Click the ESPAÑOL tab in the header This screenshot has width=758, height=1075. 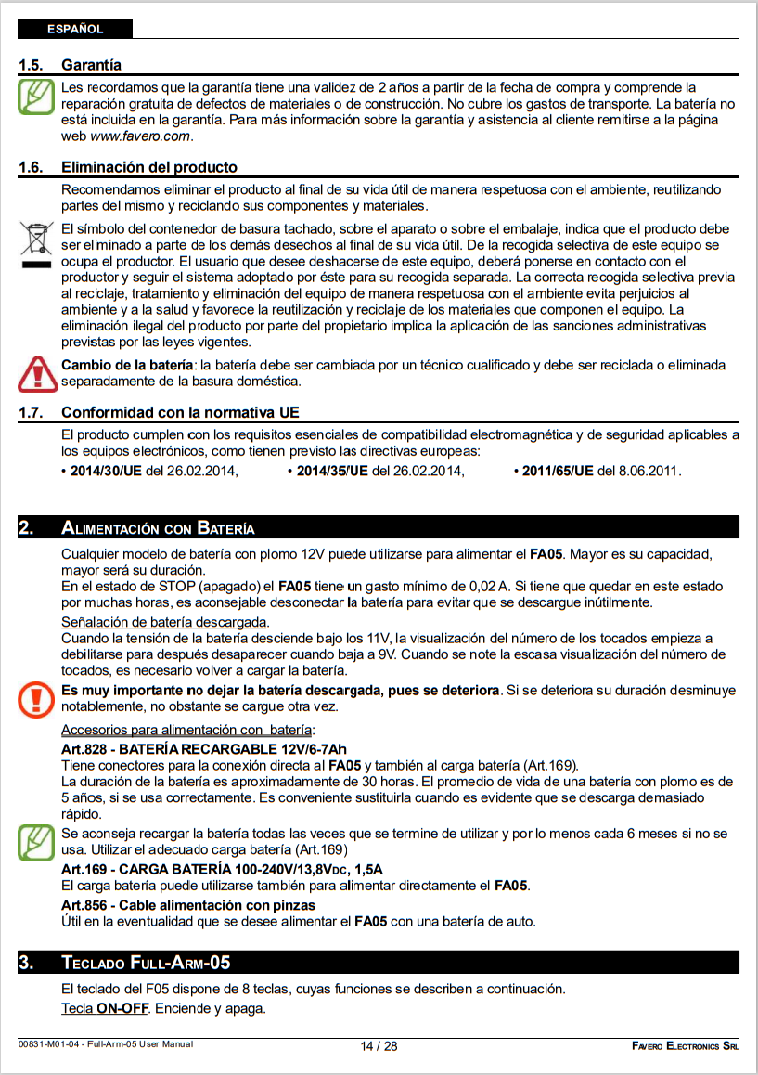click(75, 30)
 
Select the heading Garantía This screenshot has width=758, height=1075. click(91, 66)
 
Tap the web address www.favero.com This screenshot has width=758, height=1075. click(140, 136)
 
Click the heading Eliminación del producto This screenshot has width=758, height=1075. click(148, 168)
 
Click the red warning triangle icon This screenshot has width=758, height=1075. click(37, 372)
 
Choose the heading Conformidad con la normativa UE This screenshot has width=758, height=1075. click(180, 412)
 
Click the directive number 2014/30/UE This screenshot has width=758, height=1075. click(106, 471)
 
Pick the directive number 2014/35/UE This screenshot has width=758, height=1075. click(332, 471)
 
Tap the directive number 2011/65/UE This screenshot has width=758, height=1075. click(557, 471)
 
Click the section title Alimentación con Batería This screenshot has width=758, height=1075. click(158, 529)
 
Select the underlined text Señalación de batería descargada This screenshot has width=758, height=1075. click(164, 621)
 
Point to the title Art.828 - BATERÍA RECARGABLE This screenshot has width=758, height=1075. click(203, 749)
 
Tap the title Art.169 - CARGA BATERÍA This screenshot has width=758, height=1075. click(222, 869)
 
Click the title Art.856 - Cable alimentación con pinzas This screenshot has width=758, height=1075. click(187, 905)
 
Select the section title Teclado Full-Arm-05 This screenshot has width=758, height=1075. click(146, 962)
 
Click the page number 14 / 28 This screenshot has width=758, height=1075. click(379, 1046)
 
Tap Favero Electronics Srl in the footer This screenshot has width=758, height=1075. click(686, 1046)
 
